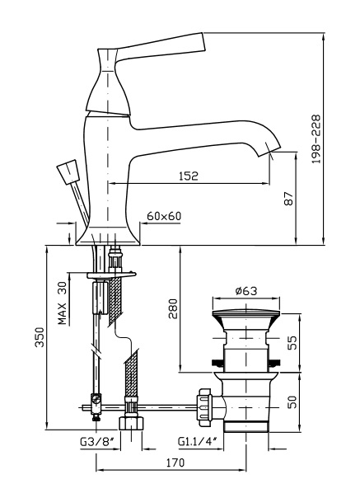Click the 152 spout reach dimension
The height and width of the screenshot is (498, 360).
pyautogui.click(x=189, y=176)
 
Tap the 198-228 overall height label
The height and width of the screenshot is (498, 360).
pyautogui.click(x=316, y=139)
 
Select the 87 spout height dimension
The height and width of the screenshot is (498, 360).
pyautogui.click(x=289, y=199)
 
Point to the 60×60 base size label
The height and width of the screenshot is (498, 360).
pyautogui.click(x=164, y=216)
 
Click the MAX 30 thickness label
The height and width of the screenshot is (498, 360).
pyautogui.click(x=63, y=303)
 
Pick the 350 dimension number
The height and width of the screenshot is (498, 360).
pyautogui.click(x=40, y=337)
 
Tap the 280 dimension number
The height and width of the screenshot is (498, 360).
pyautogui.click(x=173, y=308)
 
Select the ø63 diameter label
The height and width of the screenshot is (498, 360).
pyautogui.click(x=246, y=290)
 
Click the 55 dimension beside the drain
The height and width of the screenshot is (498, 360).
pyautogui.click(x=292, y=342)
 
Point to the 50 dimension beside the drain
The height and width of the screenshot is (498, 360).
pyautogui.click(x=292, y=402)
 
